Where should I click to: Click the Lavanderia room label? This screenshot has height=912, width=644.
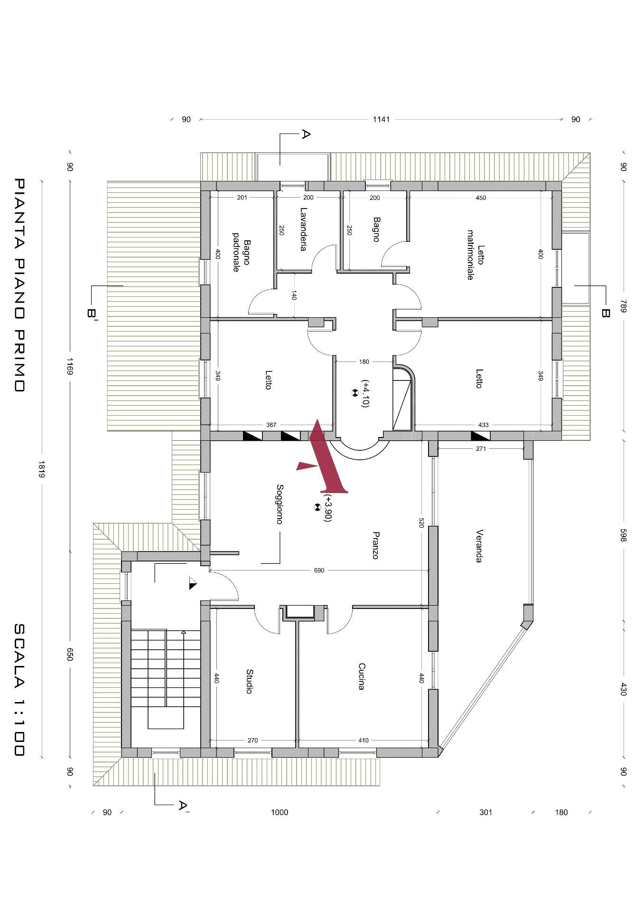[x=303, y=229]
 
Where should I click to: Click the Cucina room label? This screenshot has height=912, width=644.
[x=361, y=676]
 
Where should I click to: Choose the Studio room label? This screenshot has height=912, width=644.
[x=249, y=681]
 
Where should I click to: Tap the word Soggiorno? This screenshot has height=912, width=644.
[x=280, y=504]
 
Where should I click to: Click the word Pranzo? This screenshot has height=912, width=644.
[x=375, y=545]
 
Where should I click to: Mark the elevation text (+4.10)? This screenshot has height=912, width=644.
[x=365, y=393]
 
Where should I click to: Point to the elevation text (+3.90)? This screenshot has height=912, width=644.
[x=327, y=508]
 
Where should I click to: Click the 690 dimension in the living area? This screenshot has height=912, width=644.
[x=319, y=570]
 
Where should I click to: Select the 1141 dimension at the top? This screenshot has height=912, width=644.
[x=381, y=119]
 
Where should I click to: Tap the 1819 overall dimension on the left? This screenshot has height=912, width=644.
[x=42, y=469]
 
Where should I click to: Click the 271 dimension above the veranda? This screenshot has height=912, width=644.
[x=481, y=448]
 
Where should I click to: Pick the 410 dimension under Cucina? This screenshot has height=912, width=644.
[x=363, y=740]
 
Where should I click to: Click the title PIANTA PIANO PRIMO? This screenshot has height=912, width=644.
[x=19, y=285]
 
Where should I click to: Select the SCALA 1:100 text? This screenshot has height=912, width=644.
[x=19, y=689]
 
